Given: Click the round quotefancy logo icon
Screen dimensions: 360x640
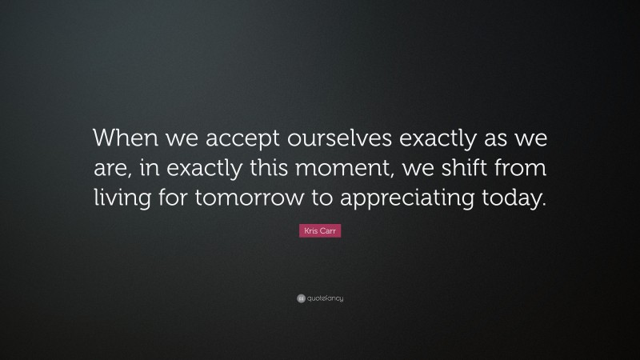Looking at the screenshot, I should (301, 298).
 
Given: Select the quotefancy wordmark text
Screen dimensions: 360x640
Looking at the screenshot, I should (326, 298).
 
